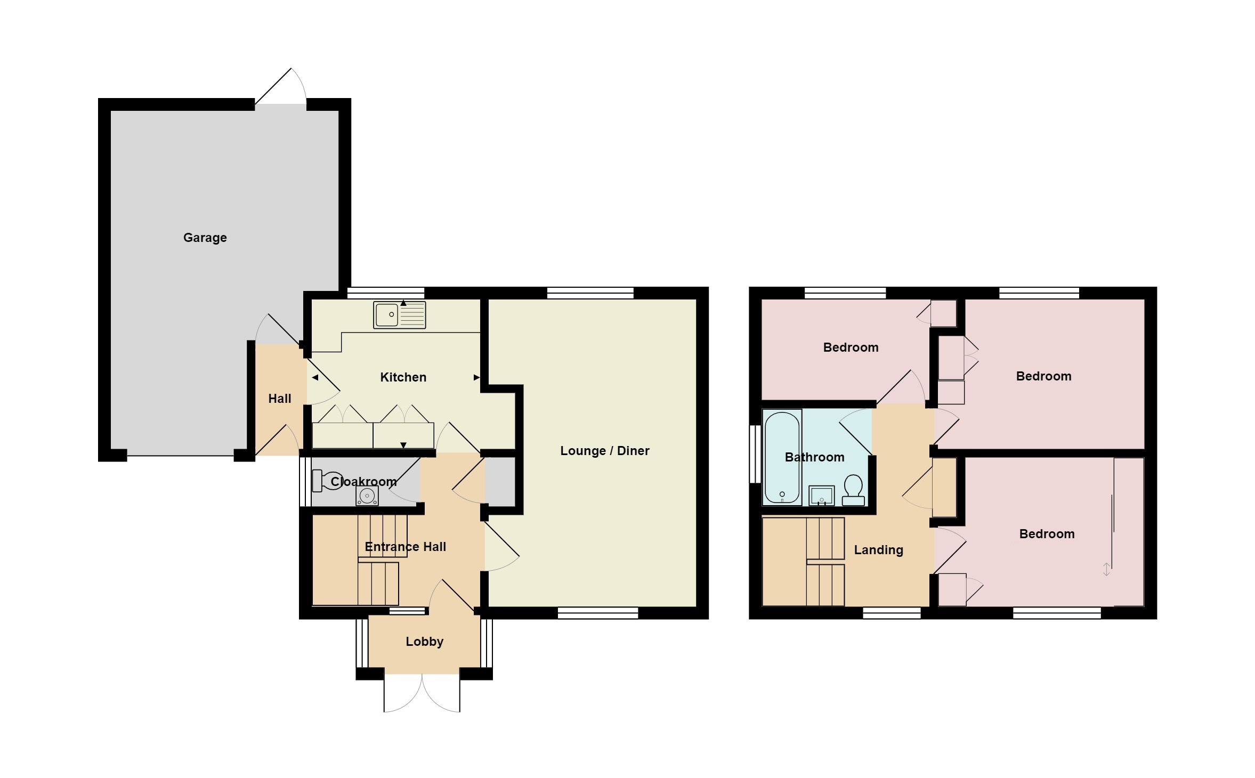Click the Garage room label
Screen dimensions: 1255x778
(x=205, y=238)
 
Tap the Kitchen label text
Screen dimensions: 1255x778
(x=403, y=377)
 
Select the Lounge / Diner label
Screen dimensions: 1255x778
(x=604, y=451)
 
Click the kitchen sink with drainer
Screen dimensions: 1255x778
(x=400, y=314)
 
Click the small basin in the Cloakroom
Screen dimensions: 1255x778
(x=367, y=496)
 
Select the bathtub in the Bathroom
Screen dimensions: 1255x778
(x=782, y=457)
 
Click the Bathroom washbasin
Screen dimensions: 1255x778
(x=822, y=496)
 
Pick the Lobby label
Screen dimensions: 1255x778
(x=424, y=642)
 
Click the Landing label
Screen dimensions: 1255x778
(x=878, y=550)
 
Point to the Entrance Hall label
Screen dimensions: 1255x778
(x=405, y=547)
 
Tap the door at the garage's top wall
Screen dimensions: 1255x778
(x=280, y=87)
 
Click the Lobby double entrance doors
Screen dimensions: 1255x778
(x=422, y=693)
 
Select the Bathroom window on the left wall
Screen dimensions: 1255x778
(x=755, y=454)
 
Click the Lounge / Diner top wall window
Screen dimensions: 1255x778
(x=590, y=293)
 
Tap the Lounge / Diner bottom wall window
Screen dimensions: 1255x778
(x=597, y=613)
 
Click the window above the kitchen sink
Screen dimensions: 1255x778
(x=386, y=293)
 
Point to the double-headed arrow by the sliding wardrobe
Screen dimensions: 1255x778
(x=1106, y=570)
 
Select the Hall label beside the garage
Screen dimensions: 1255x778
(x=279, y=399)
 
